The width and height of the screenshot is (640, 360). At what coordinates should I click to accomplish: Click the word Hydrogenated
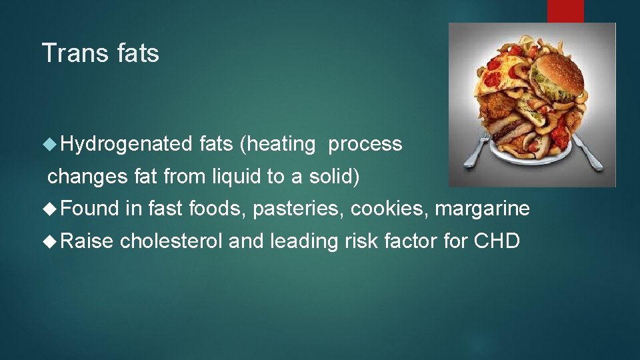click(x=127, y=144)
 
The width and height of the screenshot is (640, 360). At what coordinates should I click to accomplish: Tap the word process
click(x=365, y=144)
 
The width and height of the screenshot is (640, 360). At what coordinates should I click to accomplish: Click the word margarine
click(x=482, y=209)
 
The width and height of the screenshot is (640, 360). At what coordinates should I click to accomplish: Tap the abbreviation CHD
click(x=497, y=241)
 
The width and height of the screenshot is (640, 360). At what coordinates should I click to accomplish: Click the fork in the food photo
click(x=477, y=150)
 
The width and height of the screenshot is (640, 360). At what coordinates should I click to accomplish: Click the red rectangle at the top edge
click(x=565, y=11)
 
